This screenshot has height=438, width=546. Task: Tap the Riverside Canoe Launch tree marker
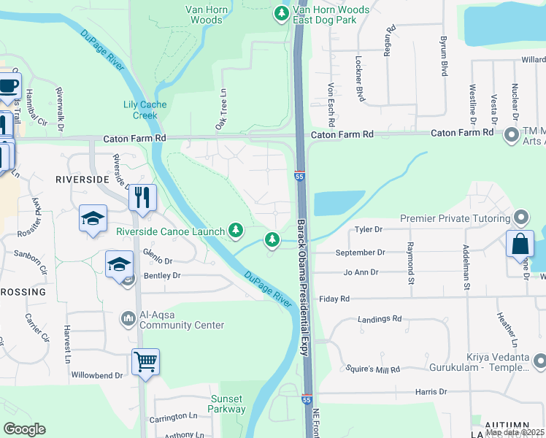(x=235, y=231)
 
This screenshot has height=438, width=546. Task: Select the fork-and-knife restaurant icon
(x=142, y=197)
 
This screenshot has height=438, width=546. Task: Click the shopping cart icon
(x=145, y=361)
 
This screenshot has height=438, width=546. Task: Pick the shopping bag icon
(x=519, y=244)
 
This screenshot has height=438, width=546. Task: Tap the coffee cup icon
(x=8, y=85)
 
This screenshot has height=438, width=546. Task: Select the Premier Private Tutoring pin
(x=520, y=218)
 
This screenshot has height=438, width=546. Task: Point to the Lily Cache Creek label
(x=145, y=110)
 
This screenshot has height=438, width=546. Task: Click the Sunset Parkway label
(x=228, y=404)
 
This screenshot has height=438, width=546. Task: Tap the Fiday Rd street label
(x=334, y=299)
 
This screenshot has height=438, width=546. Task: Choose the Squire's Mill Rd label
(x=374, y=369)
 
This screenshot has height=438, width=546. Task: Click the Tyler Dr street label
(x=368, y=229)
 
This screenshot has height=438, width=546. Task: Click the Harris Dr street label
(x=431, y=392)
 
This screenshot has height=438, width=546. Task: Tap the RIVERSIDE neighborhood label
(x=81, y=179)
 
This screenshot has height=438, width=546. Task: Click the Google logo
(x=24, y=429)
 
